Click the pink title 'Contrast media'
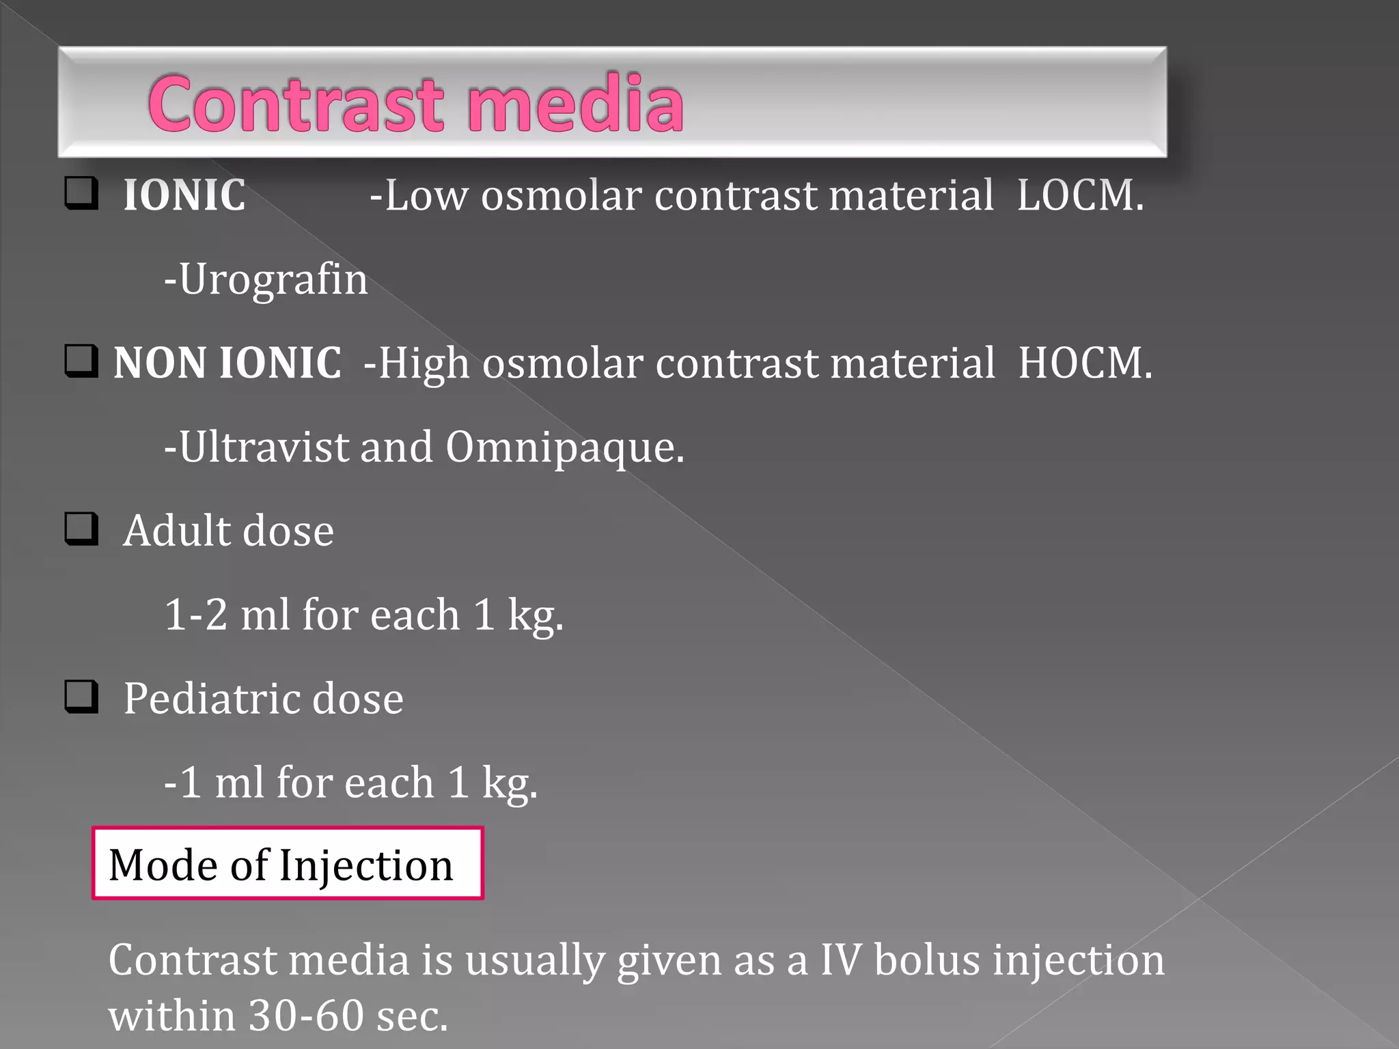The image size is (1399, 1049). pyautogui.click(x=415, y=104)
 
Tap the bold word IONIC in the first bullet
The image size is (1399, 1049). pyautogui.click(x=184, y=195)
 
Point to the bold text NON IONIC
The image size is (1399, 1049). pyautogui.click(x=227, y=363)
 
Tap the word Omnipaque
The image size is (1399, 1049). pyautogui.click(x=564, y=448)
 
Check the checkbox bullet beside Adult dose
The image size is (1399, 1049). pyautogui.click(x=81, y=529)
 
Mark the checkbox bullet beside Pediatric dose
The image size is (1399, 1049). pyautogui.click(x=81, y=697)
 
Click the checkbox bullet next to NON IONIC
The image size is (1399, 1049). pyautogui.click(x=81, y=361)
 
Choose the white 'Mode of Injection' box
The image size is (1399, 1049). pyautogui.click(x=288, y=864)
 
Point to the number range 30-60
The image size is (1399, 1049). pyautogui.click(x=306, y=1016)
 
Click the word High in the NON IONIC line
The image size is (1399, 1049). pyautogui.click(x=424, y=363)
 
